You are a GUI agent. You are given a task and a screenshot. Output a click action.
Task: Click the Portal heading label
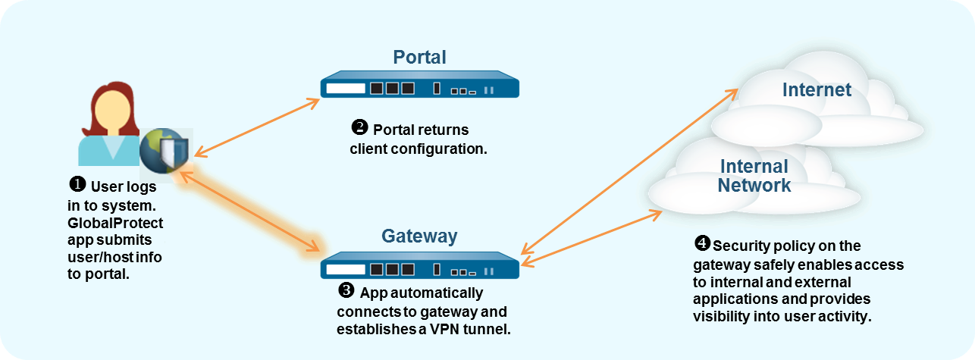(419, 57)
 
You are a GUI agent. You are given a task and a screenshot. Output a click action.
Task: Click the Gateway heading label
(419, 236)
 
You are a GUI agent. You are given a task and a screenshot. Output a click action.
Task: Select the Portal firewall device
(419, 87)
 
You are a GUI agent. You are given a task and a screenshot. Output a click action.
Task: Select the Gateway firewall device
(419, 268)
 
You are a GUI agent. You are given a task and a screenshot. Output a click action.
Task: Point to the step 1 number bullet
(77, 184)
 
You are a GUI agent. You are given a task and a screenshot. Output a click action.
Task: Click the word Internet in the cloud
(817, 90)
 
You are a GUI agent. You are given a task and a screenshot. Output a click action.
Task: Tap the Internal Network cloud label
(754, 176)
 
